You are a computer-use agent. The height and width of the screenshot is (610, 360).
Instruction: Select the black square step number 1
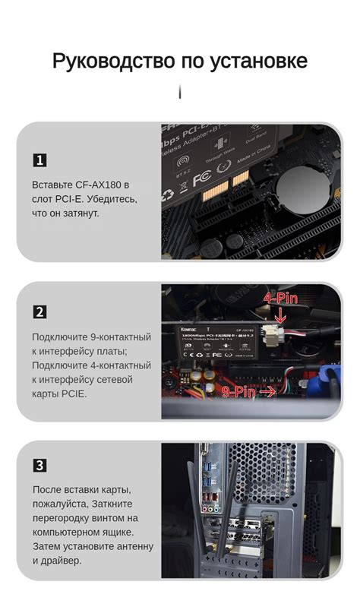tap(39, 160)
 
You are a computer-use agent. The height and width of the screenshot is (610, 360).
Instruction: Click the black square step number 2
tap(39, 311)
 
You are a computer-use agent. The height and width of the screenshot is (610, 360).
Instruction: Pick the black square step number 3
tap(39, 465)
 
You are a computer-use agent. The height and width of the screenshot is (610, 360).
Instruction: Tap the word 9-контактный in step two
tap(117, 337)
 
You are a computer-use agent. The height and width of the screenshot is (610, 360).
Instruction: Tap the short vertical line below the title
tap(179, 92)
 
